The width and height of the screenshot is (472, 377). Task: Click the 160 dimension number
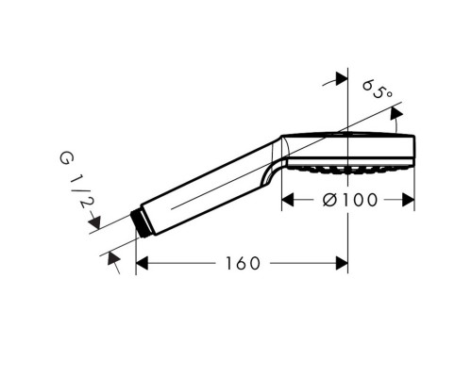tap(243, 263)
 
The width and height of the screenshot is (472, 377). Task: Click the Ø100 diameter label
tap(350, 200)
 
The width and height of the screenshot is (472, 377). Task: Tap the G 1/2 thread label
tap(75, 180)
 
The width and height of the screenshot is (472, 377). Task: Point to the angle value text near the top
tap(378, 89)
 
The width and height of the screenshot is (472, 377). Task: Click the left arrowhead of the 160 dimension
tap(142, 263)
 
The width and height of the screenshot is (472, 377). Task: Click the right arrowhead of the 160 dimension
tap(342, 263)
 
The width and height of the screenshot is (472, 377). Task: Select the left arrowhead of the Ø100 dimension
tap(288, 200)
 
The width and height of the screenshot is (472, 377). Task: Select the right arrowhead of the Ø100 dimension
tap(408, 200)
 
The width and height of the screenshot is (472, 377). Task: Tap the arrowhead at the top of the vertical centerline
tap(342, 78)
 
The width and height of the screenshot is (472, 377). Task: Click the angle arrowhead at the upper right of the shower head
tap(396, 113)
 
